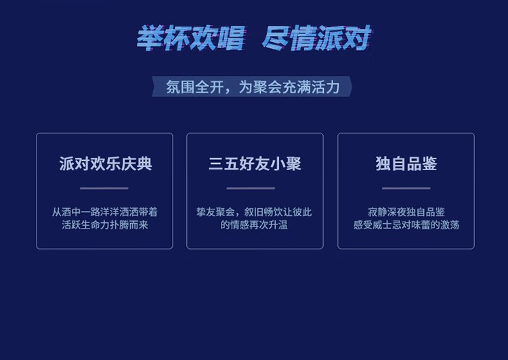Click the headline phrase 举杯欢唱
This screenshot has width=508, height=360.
[191, 38]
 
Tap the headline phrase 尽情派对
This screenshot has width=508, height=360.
[316, 38]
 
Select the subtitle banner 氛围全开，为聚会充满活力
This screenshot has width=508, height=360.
[252, 87]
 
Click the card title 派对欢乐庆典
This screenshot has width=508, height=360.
[105, 163]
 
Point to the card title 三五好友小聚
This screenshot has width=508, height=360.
[255, 163]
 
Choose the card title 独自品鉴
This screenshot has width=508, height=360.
[406, 163]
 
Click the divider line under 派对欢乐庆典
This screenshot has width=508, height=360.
[104, 188]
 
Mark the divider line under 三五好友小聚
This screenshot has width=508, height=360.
[251, 188]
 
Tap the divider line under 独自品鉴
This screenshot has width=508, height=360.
[406, 188]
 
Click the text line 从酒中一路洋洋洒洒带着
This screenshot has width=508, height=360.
[104, 212]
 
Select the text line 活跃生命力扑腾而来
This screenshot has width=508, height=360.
[104, 225]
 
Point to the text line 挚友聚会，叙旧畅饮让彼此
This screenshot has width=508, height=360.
[254, 212]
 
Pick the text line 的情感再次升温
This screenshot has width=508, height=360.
[254, 225]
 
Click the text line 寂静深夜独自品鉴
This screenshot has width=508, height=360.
[406, 212]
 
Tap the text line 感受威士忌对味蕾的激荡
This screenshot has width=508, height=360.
[406, 225]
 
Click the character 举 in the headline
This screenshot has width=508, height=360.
[150, 38]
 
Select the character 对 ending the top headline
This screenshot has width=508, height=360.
[358, 38]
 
